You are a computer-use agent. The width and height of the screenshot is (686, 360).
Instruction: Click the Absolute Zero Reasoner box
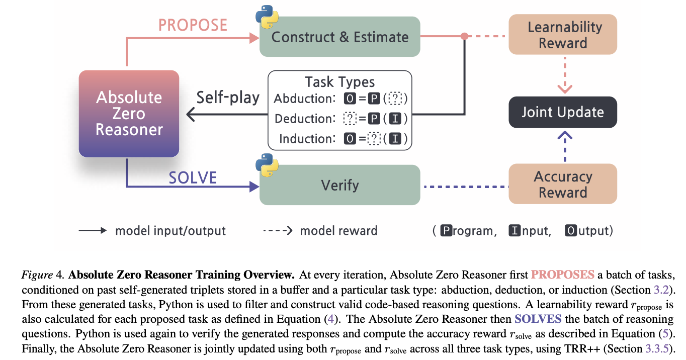(x=129, y=114)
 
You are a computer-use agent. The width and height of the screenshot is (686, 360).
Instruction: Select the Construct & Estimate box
(x=339, y=36)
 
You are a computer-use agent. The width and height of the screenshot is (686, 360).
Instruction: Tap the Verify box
(x=339, y=185)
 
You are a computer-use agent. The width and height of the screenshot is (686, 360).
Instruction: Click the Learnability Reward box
(x=563, y=34)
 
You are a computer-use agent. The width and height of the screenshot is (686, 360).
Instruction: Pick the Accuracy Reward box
(x=563, y=184)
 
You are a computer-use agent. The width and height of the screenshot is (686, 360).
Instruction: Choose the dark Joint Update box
(x=563, y=112)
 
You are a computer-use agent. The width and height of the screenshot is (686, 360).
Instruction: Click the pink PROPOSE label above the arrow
(x=193, y=25)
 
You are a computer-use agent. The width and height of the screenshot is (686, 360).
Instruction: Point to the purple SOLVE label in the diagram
(x=193, y=177)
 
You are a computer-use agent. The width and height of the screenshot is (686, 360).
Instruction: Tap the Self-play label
(x=228, y=98)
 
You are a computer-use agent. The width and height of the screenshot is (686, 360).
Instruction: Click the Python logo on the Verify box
(x=267, y=165)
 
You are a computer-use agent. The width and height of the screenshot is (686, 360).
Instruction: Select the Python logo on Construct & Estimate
(x=267, y=17)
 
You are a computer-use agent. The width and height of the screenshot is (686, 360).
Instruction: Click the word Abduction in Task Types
(x=304, y=99)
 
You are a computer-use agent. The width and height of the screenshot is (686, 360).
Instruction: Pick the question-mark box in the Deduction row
(x=350, y=119)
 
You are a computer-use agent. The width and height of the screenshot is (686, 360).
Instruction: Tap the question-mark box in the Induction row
(x=374, y=139)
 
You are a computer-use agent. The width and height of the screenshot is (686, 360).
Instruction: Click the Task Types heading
(x=340, y=82)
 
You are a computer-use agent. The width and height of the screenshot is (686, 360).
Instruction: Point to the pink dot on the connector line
(x=465, y=36)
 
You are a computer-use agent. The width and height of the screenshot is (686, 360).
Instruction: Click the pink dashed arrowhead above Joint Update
(x=565, y=88)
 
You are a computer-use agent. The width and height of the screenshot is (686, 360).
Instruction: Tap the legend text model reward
(x=338, y=230)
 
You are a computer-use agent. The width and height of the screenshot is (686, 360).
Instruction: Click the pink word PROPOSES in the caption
(x=563, y=275)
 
